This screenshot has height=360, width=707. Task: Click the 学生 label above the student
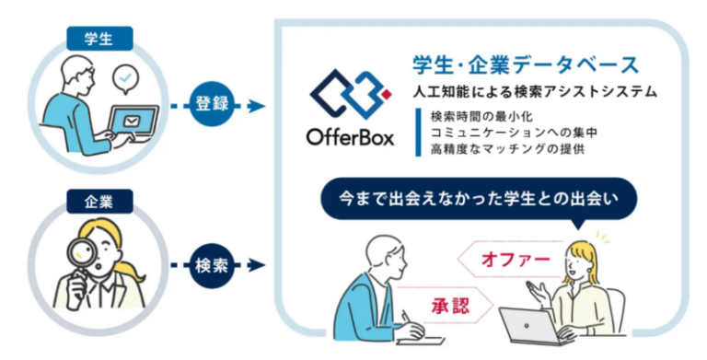(99, 38)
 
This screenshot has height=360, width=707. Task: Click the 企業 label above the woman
(99, 200)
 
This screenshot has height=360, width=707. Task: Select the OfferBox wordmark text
(350, 139)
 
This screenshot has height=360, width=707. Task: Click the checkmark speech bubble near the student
(125, 80)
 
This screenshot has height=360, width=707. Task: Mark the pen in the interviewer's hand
(405, 318)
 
